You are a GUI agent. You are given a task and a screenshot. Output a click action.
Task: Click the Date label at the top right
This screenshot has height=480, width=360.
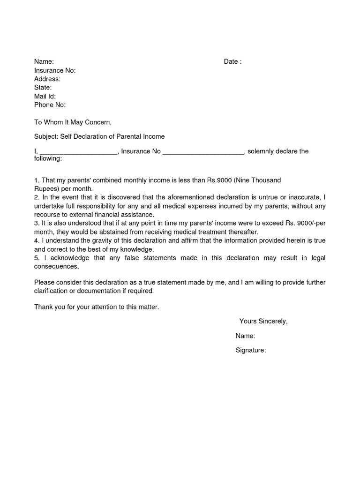[x=232, y=62]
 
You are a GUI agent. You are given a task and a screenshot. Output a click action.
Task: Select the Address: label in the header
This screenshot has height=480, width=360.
[x=47, y=79]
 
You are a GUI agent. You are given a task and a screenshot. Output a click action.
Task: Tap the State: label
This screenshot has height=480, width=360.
[x=43, y=88]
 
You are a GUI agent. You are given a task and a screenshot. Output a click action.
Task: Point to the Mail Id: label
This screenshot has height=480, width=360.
[x=45, y=96]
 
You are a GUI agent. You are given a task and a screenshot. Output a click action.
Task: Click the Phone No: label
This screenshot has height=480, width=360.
[x=50, y=105]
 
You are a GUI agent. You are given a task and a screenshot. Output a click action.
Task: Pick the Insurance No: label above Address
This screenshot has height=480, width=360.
[x=55, y=70]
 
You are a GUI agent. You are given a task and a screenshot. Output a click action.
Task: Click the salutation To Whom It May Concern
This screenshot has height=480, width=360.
[x=73, y=122]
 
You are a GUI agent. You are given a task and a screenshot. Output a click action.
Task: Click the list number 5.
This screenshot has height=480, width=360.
[x=37, y=258]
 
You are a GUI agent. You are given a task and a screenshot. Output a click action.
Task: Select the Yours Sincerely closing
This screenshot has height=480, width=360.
[x=263, y=321]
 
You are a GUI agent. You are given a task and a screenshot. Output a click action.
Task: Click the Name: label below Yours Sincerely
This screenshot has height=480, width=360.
[x=245, y=336]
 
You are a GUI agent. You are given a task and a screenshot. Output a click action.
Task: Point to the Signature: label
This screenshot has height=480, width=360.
[x=251, y=350]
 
